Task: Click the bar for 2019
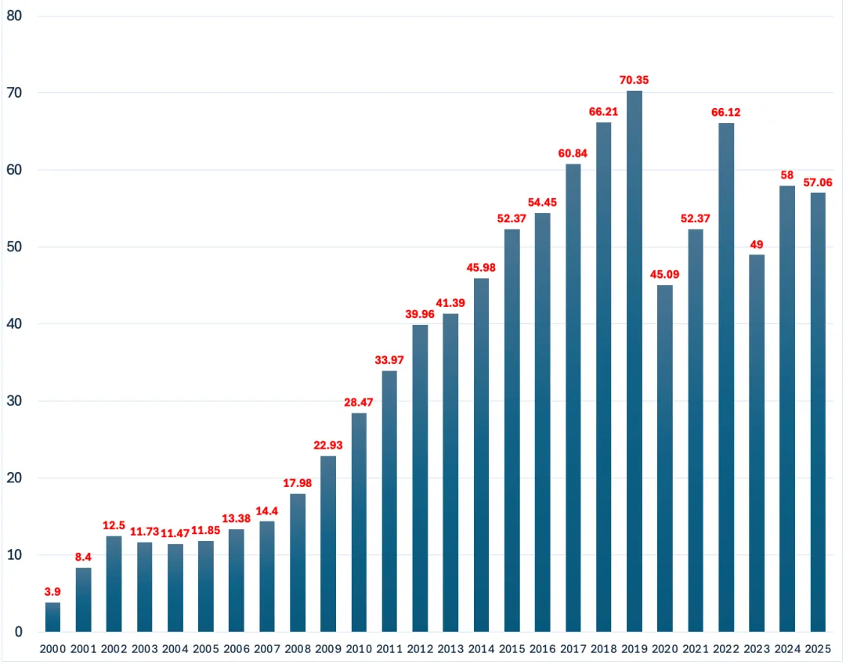[634, 361]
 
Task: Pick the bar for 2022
[726, 377]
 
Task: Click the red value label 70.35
[634, 80]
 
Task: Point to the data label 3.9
[52, 591]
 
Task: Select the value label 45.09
[665, 274]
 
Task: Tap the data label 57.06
[818, 182]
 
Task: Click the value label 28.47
[359, 402]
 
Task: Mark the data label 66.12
[726, 112]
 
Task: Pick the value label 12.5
[114, 525]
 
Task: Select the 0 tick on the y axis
[16, 632]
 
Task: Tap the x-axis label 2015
[512, 648]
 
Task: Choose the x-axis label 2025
[818, 648]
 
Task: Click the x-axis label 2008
[298, 648]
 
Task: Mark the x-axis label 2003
[144, 648]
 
